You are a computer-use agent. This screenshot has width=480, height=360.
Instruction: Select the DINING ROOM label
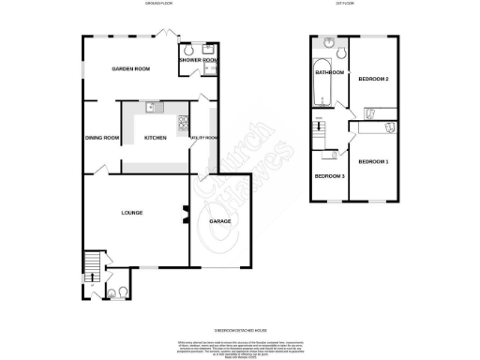pyautogui.click(x=101, y=139)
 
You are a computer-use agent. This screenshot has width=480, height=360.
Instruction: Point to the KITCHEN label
pyautogui.click(x=155, y=139)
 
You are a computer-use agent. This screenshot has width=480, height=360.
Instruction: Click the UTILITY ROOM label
pyautogui.click(x=203, y=139)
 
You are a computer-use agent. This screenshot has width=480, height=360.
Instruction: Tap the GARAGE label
pyautogui.click(x=220, y=222)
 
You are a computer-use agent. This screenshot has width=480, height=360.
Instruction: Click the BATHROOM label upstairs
pyautogui.click(x=329, y=72)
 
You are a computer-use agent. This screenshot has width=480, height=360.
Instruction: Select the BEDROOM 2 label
pyautogui.click(x=373, y=79)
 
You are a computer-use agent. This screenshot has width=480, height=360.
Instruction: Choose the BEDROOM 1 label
pyautogui.click(x=373, y=161)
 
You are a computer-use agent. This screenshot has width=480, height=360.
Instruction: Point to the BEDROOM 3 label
pyautogui.click(x=328, y=176)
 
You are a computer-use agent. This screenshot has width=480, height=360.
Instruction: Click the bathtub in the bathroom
pyautogui.click(x=322, y=86)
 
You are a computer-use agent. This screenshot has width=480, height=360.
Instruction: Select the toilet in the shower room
pyautogui.click(x=188, y=50)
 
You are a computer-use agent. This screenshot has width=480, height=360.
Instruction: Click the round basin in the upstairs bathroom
pyautogui.click(x=329, y=44)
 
